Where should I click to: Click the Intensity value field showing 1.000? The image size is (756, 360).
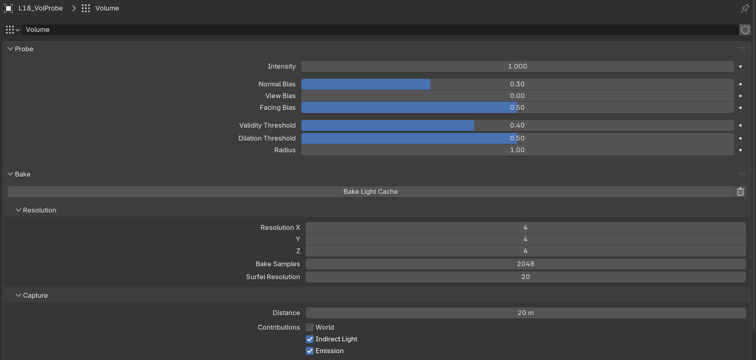[x=518, y=66]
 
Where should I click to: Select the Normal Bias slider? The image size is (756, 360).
[x=518, y=84]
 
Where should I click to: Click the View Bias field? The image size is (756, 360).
[x=518, y=96]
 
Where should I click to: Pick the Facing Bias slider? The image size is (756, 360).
[x=518, y=107]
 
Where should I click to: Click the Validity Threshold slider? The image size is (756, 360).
[x=518, y=125]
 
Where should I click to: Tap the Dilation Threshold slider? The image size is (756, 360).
[x=518, y=138]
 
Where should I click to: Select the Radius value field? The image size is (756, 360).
[x=518, y=150]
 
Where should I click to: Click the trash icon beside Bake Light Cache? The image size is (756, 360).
[x=740, y=192]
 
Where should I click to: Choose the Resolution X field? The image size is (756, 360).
[x=526, y=227]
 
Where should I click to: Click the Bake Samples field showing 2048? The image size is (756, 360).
[x=526, y=264]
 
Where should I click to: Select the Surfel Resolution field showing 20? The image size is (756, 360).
[x=526, y=277]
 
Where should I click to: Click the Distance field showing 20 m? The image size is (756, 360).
[x=526, y=313]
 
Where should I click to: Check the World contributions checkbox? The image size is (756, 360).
[x=310, y=327]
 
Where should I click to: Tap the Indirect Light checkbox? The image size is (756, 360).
[x=310, y=339]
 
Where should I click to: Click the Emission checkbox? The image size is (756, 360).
[x=310, y=351]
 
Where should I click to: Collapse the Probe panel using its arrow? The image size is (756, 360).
[x=11, y=49]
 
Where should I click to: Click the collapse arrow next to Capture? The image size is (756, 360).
[x=18, y=295]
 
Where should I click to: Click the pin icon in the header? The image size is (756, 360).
[x=745, y=8]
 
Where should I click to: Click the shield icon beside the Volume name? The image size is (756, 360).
[x=745, y=29]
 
